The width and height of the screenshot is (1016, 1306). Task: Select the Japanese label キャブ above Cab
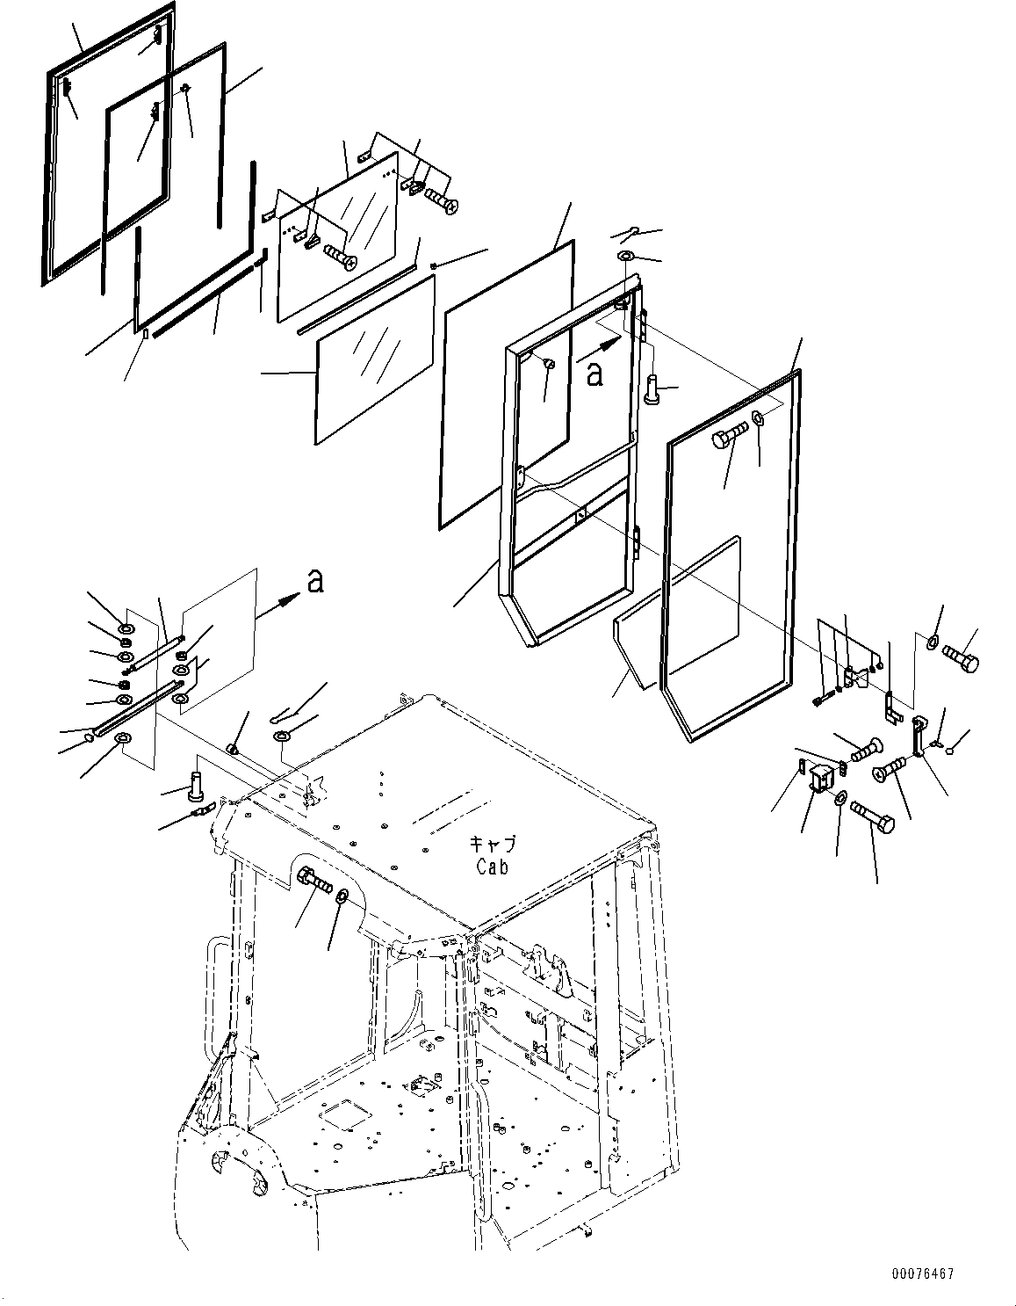pos(494,845)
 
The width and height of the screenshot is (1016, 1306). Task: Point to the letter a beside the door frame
pos(594,374)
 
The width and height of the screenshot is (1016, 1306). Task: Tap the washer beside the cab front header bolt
pos(342,896)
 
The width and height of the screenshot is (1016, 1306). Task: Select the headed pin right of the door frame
pos(654,388)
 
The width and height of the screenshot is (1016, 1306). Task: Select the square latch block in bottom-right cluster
pos(821,777)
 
